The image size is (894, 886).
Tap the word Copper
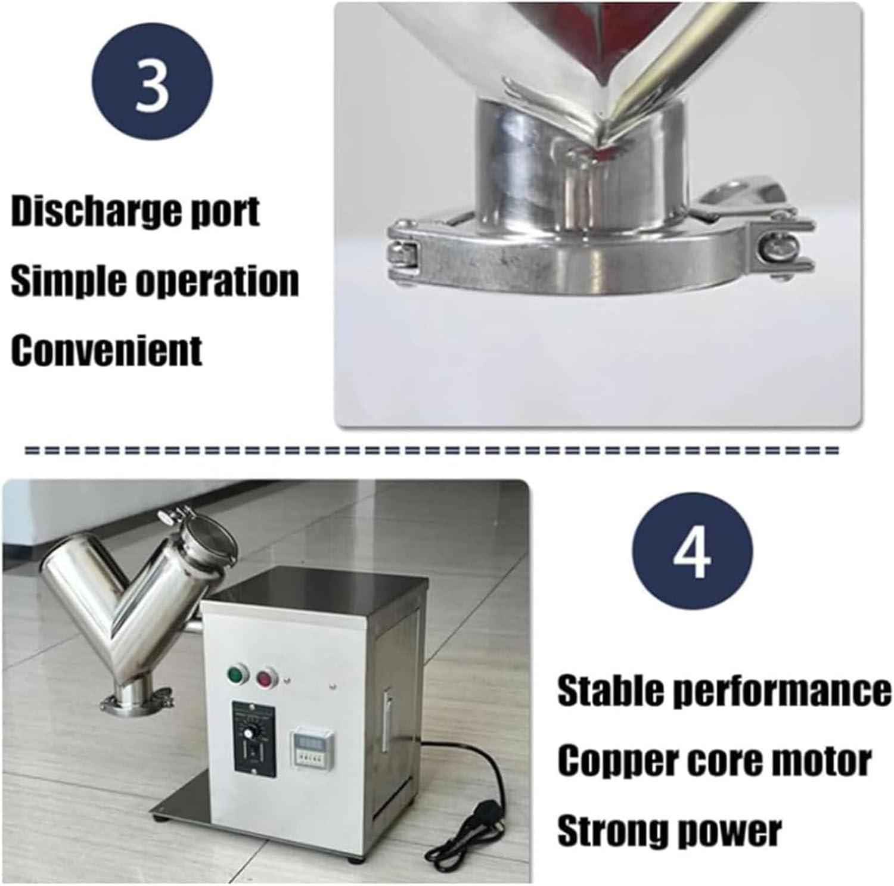point(613,761)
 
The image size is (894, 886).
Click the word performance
point(786,691)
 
